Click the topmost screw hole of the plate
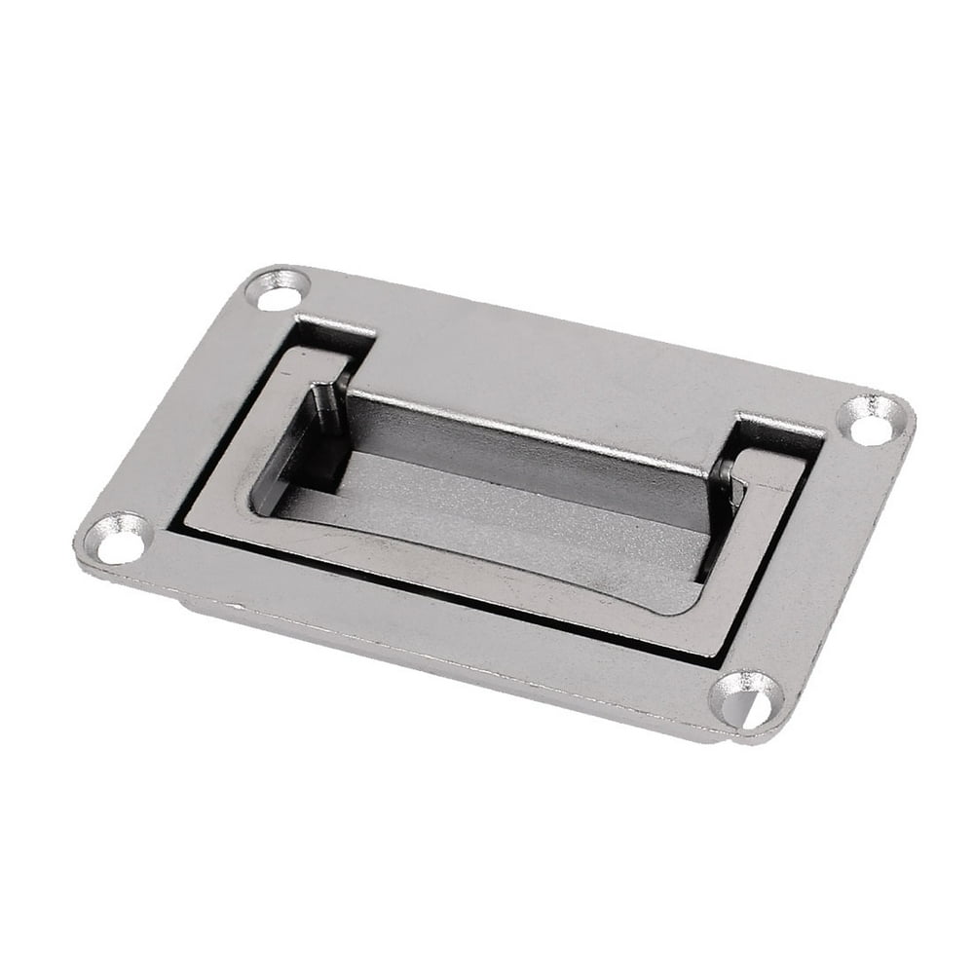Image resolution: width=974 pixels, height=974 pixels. tap(279, 290)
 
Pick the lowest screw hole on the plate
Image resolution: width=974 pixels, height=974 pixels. tap(745, 698)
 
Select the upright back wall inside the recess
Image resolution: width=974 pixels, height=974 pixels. tap(526, 438)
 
